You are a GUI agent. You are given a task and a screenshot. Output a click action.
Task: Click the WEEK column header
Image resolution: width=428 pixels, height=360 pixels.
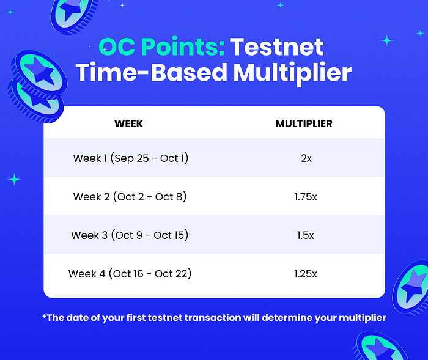pyautogui.click(x=128, y=123)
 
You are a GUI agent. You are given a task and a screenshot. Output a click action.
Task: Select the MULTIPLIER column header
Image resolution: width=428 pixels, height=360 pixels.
pyautogui.click(x=304, y=123)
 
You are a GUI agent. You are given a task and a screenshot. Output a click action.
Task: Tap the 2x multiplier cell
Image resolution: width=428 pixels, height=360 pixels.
pyautogui.click(x=306, y=158)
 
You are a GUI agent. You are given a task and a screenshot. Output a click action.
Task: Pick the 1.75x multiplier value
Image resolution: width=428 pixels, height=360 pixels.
pyautogui.click(x=306, y=197)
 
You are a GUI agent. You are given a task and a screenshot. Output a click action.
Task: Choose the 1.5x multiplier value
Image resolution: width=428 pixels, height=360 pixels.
pyautogui.click(x=306, y=235)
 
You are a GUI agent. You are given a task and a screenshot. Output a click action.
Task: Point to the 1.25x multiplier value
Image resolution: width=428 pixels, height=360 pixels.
pyautogui.click(x=306, y=274)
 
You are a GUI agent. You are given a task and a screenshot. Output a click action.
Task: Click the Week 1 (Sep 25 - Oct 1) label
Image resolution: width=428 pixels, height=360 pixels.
pyautogui.click(x=131, y=158)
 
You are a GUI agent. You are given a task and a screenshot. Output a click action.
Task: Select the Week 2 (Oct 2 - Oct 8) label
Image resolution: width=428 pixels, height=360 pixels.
pyautogui.click(x=130, y=197)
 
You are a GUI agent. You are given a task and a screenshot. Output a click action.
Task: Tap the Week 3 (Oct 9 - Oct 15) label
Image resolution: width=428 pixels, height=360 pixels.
pyautogui.click(x=130, y=235)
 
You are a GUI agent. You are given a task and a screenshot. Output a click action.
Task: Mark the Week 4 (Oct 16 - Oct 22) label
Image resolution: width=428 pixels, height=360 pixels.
pyautogui.click(x=130, y=274)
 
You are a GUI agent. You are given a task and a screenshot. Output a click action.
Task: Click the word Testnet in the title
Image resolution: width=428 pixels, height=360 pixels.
pyautogui.click(x=277, y=47)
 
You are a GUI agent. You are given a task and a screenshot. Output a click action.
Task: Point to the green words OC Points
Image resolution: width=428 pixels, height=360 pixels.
pyautogui.click(x=161, y=46)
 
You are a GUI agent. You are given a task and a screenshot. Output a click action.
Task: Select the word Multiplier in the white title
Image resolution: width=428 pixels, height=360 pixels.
pyautogui.click(x=292, y=73)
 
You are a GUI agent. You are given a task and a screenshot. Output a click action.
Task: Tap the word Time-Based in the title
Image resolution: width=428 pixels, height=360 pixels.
pyautogui.click(x=151, y=72)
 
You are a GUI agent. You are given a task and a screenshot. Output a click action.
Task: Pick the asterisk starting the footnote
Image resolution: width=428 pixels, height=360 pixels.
pyautogui.click(x=44, y=316)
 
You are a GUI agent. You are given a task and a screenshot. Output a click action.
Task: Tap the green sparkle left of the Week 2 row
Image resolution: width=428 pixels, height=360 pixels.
pyautogui.click(x=14, y=179)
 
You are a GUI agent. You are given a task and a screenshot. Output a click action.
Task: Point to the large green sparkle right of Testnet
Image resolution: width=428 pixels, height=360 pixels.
pyautogui.click(x=387, y=40)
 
